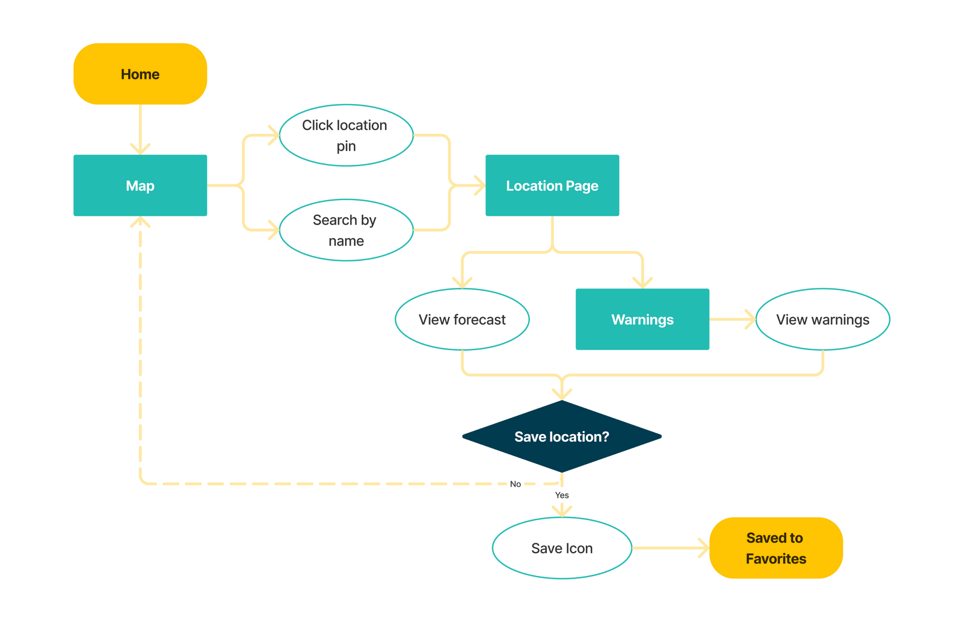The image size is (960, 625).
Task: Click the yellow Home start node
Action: [140, 74]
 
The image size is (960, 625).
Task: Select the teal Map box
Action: [140, 186]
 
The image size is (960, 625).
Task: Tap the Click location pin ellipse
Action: [346, 135]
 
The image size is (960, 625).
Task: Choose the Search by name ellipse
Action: [346, 230]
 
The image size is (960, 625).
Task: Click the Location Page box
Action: [552, 186]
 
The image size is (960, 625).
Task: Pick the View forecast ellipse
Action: [462, 319]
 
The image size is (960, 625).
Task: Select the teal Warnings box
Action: [642, 319]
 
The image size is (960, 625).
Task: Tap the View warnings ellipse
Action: [822, 319]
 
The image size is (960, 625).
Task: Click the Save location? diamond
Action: [562, 437]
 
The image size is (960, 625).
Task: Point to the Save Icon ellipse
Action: [562, 548]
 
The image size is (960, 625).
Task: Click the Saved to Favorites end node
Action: [775, 548]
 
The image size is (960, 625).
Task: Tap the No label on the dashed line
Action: [515, 484]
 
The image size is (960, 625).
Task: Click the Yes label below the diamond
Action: [562, 495]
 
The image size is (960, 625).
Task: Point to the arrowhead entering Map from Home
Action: [140, 149]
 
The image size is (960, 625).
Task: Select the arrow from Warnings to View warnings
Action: [732, 319]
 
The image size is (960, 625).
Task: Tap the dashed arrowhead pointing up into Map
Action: [140, 222]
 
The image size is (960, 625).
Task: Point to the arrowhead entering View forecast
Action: [462, 283]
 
